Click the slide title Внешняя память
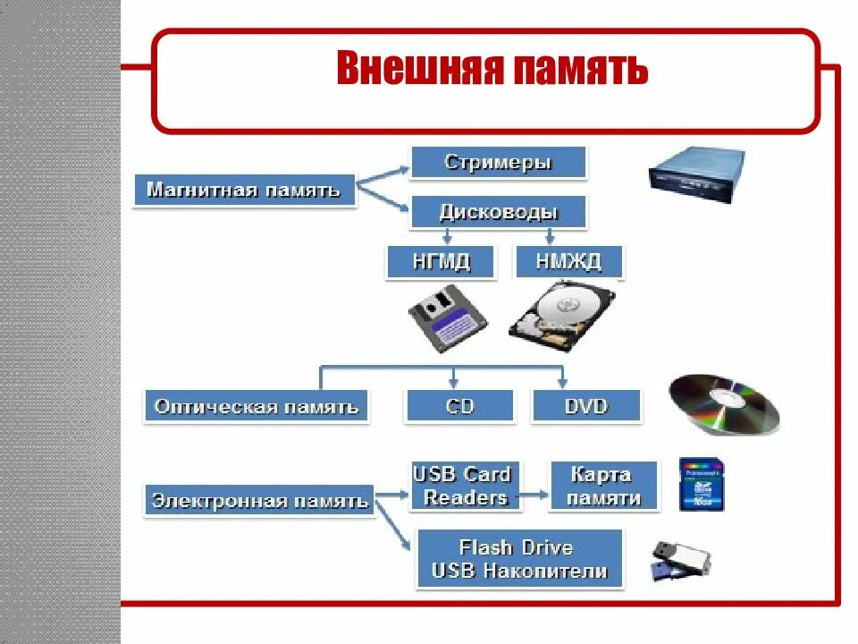coord(492,70)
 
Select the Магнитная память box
coord(244,191)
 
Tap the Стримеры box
coord(498,163)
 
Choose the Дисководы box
coord(498,212)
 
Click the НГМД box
coord(441,262)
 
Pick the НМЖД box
coord(569,262)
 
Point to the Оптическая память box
coord(257,407)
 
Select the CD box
coord(459,406)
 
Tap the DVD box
coord(586,406)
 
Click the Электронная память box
coord(259,500)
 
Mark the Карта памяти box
coord(603,486)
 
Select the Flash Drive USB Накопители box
coord(519,559)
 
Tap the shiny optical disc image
coord(724,403)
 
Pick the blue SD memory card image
coord(702,484)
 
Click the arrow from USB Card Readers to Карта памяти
coord(534,493)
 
